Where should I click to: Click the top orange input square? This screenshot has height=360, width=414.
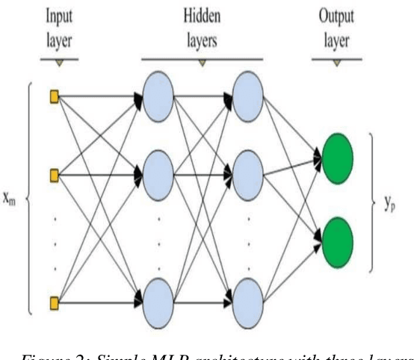54,96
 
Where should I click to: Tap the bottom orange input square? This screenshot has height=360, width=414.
54,302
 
